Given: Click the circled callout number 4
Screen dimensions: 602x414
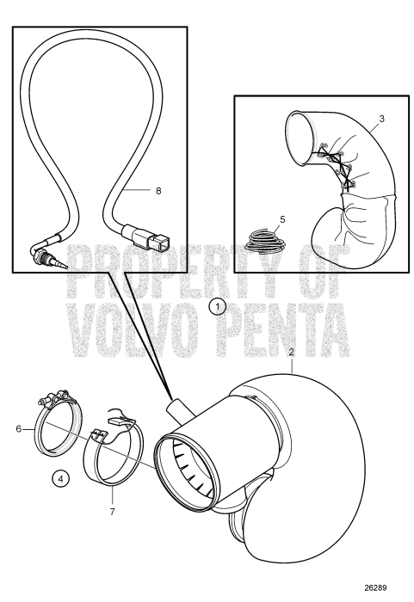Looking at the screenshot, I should tap(59, 477).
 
